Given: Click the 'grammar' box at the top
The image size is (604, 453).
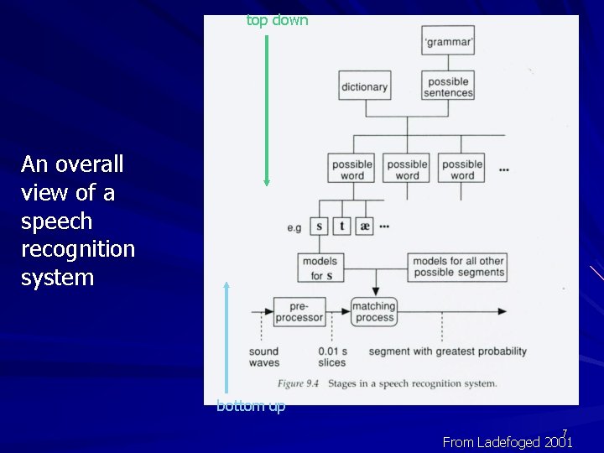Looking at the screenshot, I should [448, 40].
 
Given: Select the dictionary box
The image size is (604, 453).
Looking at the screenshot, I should [364, 86].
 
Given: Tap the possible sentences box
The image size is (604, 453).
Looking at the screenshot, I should [449, 87].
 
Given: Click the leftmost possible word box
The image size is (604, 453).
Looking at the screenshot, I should [352, 170].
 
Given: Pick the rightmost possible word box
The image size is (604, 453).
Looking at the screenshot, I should [462, 170].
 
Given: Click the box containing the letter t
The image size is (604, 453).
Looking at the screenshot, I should [342, 226].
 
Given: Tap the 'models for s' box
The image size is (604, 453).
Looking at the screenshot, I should [320, 268].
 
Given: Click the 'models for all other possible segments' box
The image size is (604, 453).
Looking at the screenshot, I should [458, 267].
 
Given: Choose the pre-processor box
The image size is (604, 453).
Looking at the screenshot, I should [299, 311].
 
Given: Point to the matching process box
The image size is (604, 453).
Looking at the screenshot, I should [374, 311].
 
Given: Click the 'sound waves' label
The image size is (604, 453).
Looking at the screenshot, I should [264, 357].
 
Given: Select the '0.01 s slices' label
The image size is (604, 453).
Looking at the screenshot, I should [332, 357].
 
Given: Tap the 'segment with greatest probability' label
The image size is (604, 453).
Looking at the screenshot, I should [448, 351].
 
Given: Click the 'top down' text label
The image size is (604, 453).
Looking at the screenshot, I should [277, 20].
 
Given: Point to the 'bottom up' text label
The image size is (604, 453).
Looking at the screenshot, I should [251, 406].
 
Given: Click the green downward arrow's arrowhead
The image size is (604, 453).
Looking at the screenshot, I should [267, 181].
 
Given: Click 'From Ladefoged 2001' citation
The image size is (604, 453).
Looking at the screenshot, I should [507, 442].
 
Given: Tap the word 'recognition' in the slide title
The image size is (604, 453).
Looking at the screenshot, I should [77, 249].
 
